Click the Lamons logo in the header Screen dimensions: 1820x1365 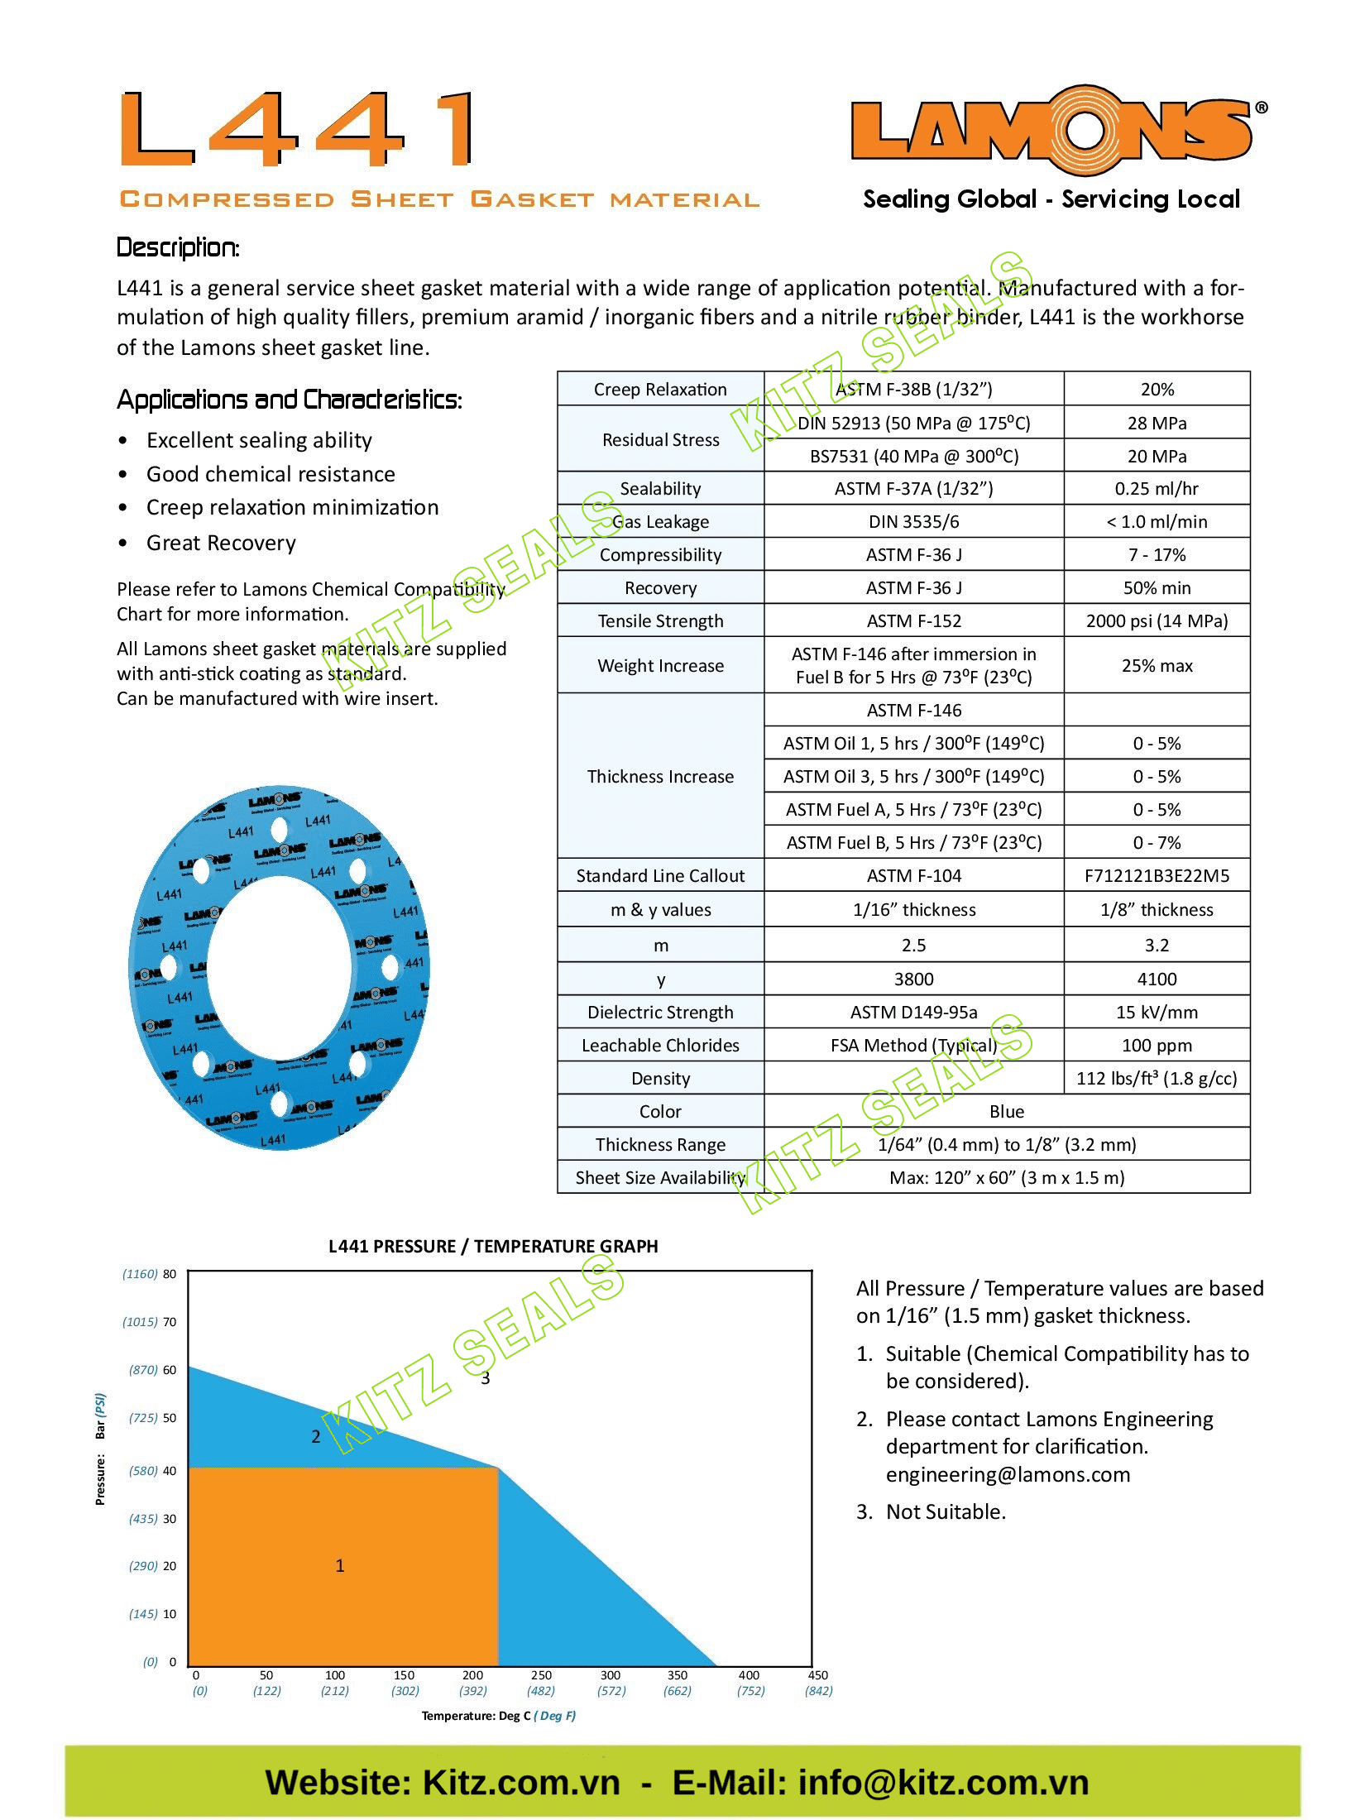click(1052, 130)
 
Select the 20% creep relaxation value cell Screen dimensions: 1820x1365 click(1157, 389)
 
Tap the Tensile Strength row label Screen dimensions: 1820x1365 click(660, 620)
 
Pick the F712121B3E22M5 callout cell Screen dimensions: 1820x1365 click(1157, 875)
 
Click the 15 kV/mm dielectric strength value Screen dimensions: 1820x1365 click(1157, 1012)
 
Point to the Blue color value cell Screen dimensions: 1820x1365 click(1006, 1111)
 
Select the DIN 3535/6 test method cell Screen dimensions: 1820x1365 click(913, 521)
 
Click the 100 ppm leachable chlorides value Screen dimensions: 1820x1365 click(1157, 1045)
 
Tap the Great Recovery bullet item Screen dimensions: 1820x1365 click(221, 543)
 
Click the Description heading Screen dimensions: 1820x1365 click(178, 247)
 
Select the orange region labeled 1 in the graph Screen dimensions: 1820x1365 click(340, 1565)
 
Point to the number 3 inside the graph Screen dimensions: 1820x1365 click(486, 1378)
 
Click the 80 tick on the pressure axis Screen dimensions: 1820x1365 click(170, 1274)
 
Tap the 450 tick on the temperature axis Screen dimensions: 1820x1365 click(817, 1675)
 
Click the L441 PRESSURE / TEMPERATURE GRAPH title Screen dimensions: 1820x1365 click(493, 1246)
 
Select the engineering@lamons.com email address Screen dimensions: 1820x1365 click(1008, 1474)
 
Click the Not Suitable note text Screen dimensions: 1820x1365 click(946, 1511)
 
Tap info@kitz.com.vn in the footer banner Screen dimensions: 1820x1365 click(942, 1783)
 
